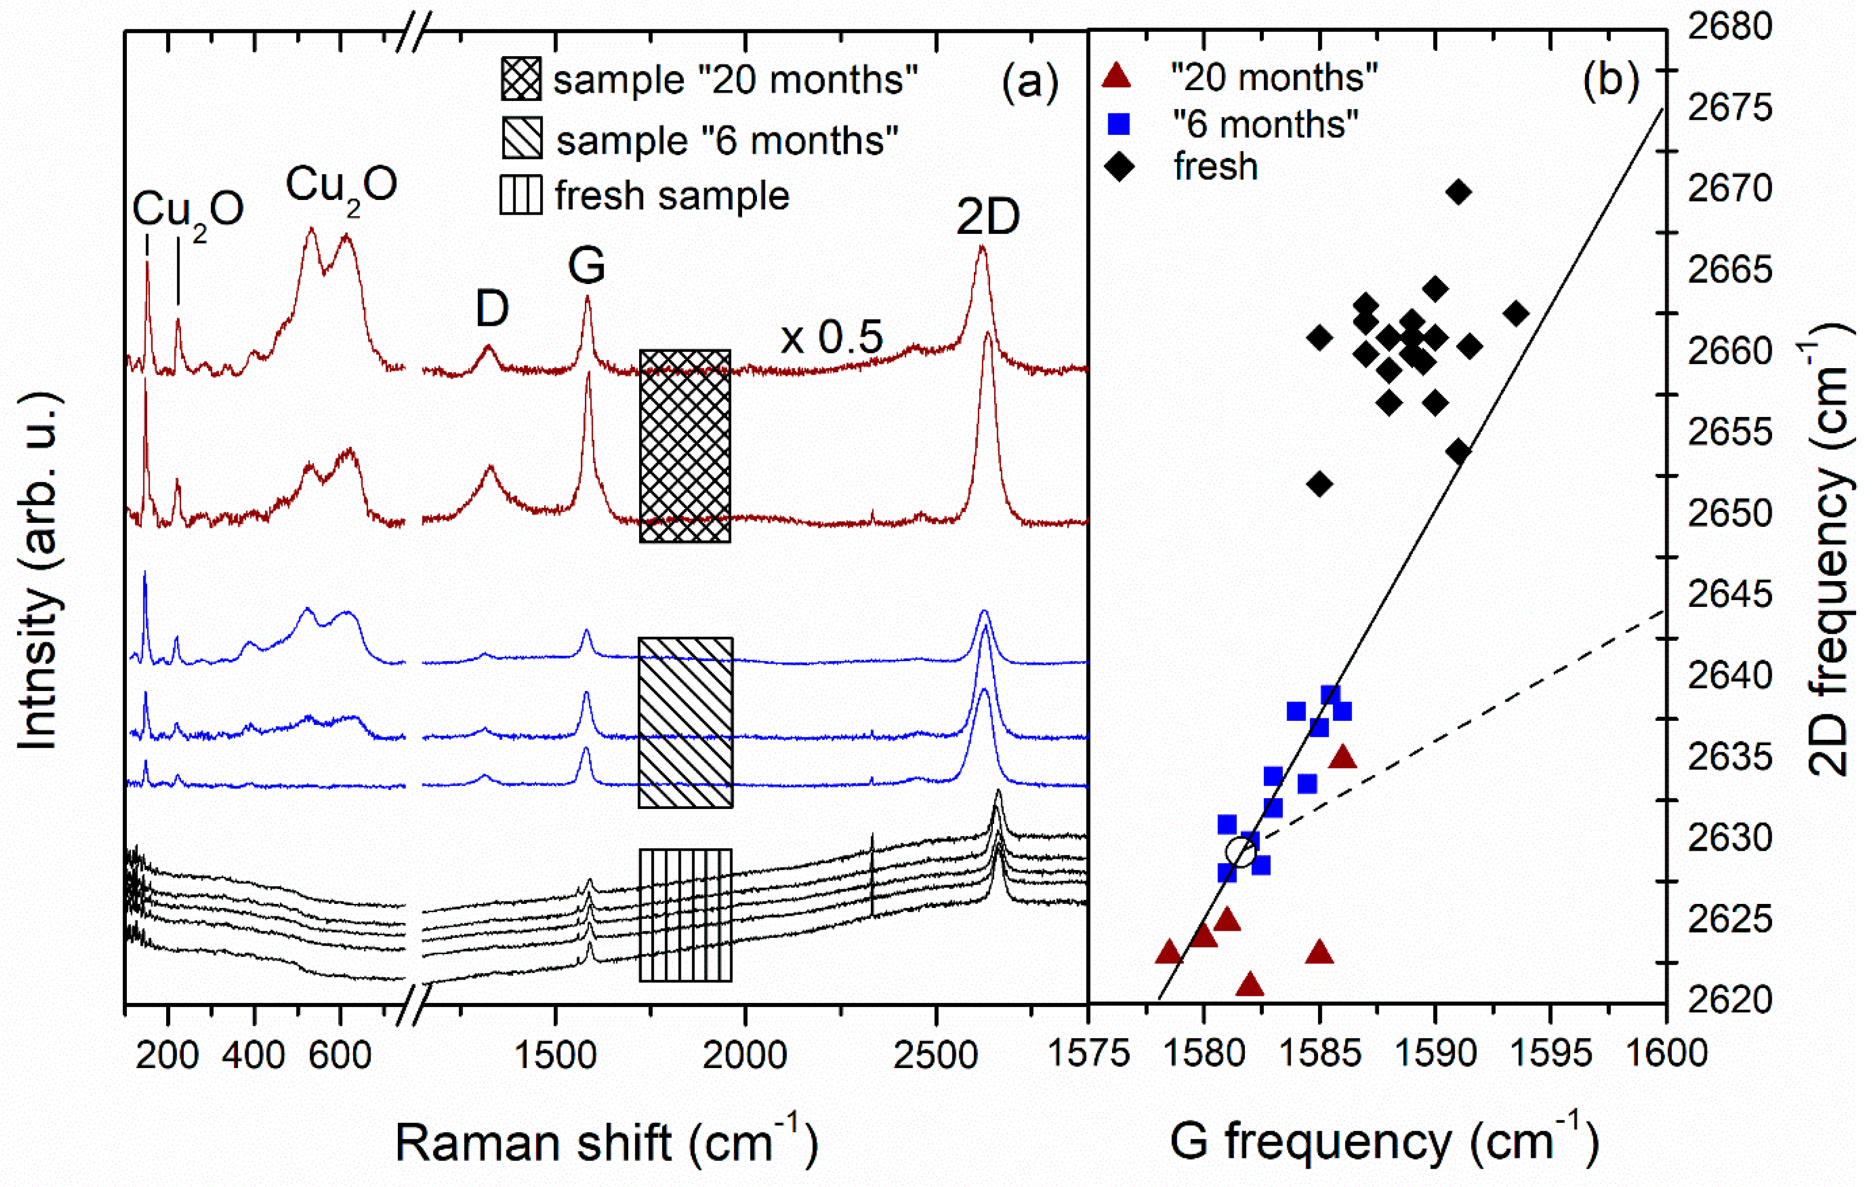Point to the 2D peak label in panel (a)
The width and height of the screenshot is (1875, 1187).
click(x=987, y=217)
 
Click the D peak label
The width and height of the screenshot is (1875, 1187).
click(x=492, y=309)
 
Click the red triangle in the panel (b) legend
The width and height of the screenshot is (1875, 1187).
click(x=1118, y=76)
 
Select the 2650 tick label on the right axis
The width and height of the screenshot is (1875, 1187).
click(x=1729, y=514)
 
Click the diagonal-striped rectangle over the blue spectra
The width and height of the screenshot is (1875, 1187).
click(x=685, y=722)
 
